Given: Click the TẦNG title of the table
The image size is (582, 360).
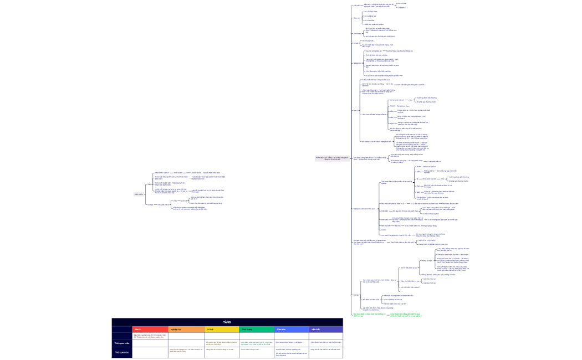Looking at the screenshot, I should (227, 322).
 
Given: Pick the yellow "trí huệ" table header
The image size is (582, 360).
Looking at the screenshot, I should (211, 329).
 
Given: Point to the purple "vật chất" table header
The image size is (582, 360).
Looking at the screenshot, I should (316, 329).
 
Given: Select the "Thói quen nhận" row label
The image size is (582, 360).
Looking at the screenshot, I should (121, 343).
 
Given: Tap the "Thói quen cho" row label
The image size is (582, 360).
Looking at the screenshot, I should (121, 352).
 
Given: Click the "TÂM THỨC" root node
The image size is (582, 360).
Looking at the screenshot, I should (139, 194).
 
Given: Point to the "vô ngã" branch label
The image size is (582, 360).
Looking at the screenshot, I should (150, 204).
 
